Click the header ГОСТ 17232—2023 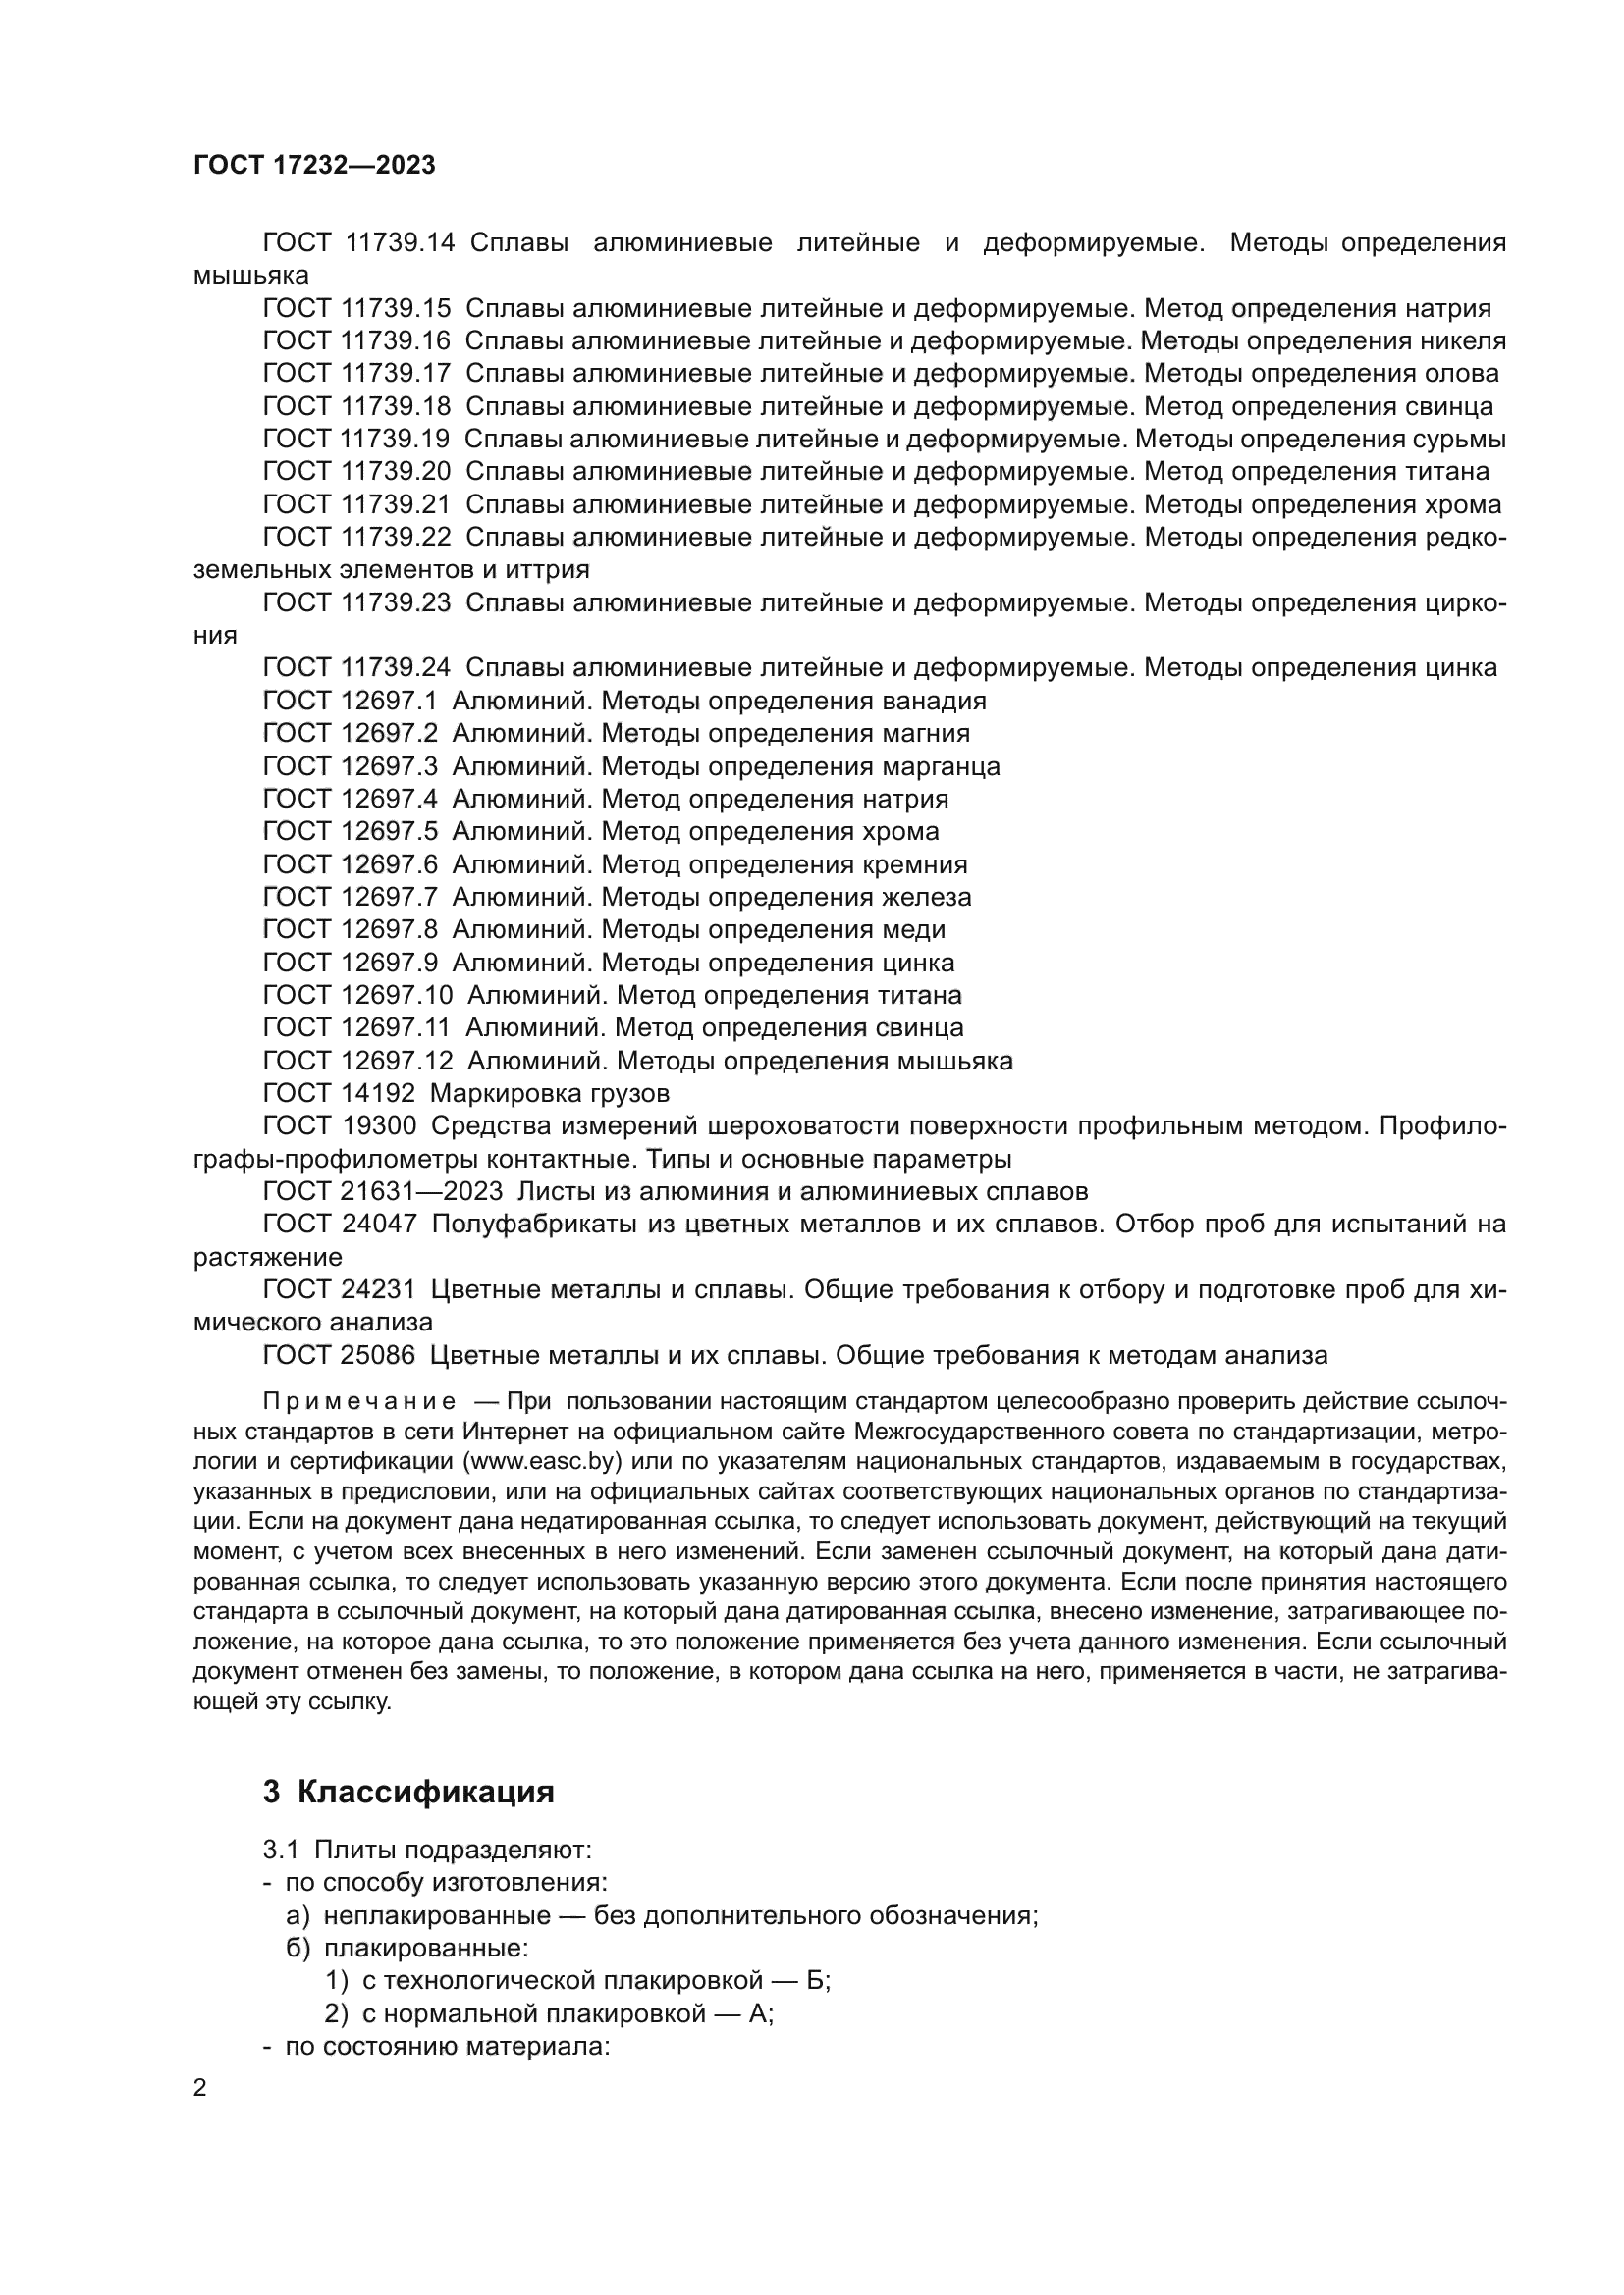click(314, 166)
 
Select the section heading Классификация click(425, 1792)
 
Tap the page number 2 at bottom click(200, 2088)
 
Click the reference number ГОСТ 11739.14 click(358, 243)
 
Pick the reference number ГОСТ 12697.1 click(350, 701)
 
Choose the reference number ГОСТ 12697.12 click(357, 1061)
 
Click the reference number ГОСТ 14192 click(339, 1093)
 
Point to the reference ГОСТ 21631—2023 click(383, 1191)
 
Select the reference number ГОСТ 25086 click(339, 1355)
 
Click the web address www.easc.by click(541, 1461)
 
